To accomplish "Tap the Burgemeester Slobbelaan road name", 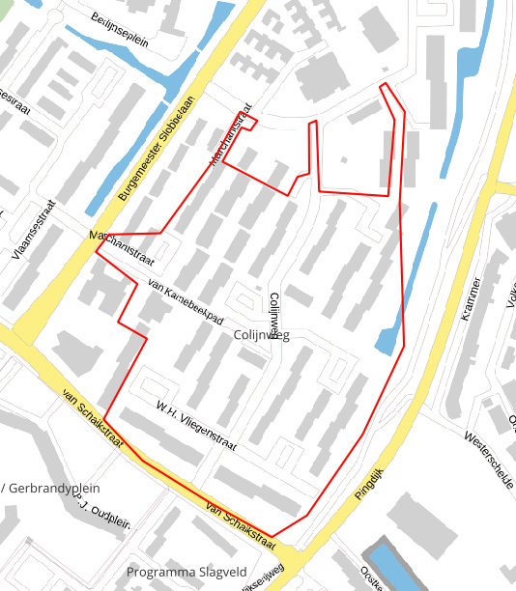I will pyautogui.click(x=157, y=148).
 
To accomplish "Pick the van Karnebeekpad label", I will pyautogui.click(x=186, y=305).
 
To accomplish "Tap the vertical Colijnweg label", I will pyautogui.click(x=274, y=316).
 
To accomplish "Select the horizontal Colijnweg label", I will pyautogui.click(x=261, y=335).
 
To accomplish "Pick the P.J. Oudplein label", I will pyautogui.click(x=101, y=511).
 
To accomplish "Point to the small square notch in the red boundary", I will pyautogui.click(x=248, y=122).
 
